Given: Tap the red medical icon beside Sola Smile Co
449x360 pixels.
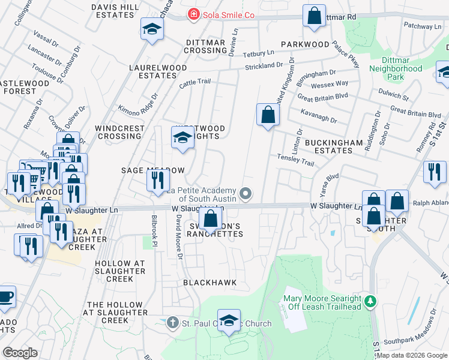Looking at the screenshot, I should [193, 14].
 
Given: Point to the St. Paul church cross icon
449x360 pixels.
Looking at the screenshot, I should [172, 323].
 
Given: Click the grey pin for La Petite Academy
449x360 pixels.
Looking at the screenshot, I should [245, 193].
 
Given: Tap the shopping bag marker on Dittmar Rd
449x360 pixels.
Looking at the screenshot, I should [314, 16].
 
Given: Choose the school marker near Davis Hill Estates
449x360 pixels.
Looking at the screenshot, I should [152, 28].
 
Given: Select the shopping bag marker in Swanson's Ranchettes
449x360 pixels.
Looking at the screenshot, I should [210, 218].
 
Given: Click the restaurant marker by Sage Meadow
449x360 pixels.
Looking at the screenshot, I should [157, 179].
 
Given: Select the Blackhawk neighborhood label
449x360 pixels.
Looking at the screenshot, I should [209, 282].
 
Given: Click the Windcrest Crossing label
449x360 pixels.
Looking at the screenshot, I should [120, 132].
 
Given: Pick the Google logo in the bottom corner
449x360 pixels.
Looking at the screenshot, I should [20, 353].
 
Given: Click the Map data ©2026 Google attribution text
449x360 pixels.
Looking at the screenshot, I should [412, 355].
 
